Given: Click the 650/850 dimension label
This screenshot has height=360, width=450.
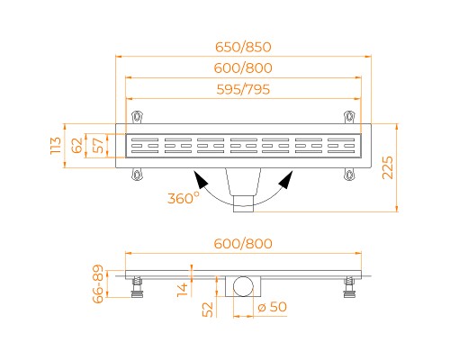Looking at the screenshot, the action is (243, 47).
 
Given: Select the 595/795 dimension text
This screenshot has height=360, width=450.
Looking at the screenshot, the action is (243, 89).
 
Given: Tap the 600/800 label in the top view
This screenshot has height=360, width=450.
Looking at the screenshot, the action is (243, 68).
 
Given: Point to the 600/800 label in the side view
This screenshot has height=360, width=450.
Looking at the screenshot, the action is (243, 243).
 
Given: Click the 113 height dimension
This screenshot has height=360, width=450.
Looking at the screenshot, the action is (56, 146).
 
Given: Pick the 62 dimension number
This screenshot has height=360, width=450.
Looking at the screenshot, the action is (77, 146).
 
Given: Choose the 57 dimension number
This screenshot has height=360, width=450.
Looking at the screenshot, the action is (98, 146).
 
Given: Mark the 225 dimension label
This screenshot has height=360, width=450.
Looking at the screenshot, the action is (387, 167).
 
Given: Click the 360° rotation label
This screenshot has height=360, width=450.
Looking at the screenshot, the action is (184, 198).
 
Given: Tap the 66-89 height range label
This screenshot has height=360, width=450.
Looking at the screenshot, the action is (98, 283).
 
